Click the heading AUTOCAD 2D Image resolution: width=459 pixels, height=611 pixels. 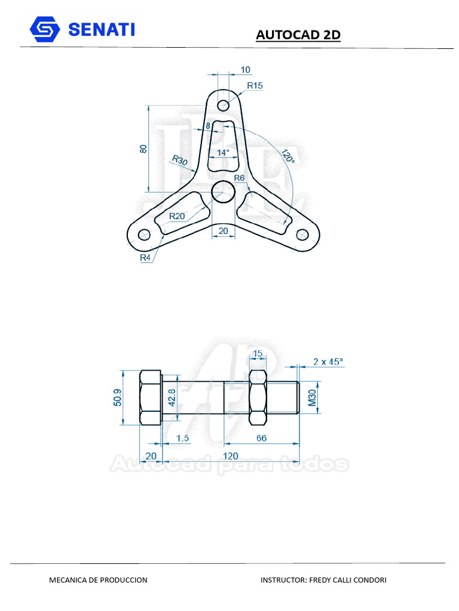pyautogui.click(x=298, y=35)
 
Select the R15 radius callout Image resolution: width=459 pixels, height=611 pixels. pyautogui.click(x=255, y=85)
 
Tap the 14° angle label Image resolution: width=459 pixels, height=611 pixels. pyautogui.click(x=223, y=153)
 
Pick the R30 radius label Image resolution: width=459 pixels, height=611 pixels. pyautogui.click(x=179, y=161)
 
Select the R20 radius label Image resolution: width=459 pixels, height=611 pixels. pyautogui.click(x=177, y=216)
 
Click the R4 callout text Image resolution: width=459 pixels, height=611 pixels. pyautogui.click(x=145, y=258)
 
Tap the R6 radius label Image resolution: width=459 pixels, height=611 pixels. pyautogui.click(x=239, y=178)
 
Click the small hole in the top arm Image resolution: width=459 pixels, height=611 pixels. pyautogui.click(x=224, y=106)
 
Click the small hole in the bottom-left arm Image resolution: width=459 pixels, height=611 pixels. pyautogui.click(x=144, y=234)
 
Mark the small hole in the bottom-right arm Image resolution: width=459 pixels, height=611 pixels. pyautogui.click(x=302, y=234)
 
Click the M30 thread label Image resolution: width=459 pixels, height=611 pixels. pyautogui.click(x=312, y=397)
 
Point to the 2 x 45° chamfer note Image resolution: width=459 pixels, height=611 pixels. pyautogui.click(x=328, y=362)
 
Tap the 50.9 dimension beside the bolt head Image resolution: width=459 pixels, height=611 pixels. pyautogui.click(x=117, y=397)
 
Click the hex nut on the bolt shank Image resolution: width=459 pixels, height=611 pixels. pyautogui.click(x=258, y=397)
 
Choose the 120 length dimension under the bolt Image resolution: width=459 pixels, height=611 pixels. pyautogui.click(x=230, y=456)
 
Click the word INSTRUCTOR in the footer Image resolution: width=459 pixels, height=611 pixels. pyautogui.click(x=283, y=580)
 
